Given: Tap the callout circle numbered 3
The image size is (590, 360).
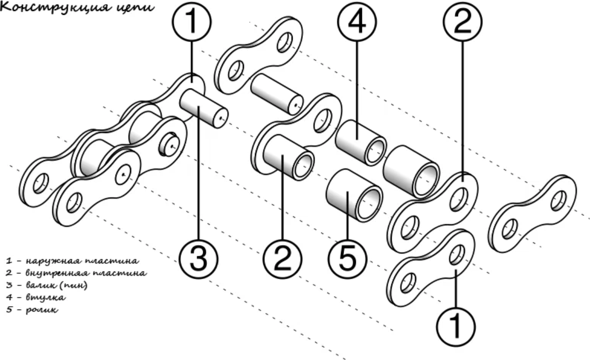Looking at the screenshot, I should [199, 257].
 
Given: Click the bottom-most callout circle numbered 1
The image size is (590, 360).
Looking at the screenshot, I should [456, 323].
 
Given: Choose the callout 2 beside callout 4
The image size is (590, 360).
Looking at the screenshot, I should [462, 23].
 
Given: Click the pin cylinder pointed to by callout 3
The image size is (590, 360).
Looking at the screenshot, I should [202, 108].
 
